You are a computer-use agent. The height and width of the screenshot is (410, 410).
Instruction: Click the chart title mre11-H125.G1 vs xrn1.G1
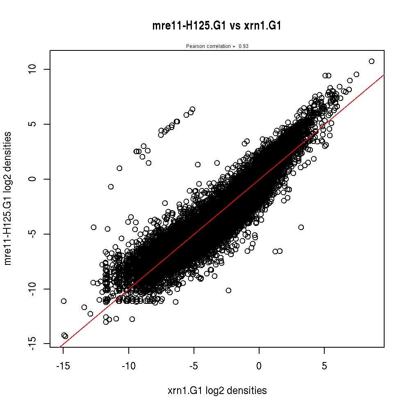[x=216, y=26]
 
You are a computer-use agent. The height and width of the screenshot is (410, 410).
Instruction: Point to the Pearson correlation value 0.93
[x=244, y=46]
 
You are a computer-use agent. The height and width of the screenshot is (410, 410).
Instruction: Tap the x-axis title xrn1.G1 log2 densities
[x=217, y=391]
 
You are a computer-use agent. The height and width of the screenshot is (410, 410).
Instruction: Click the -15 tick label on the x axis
[x=63, y=366]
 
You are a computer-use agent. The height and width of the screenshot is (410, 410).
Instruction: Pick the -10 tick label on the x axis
[x=128, y=366]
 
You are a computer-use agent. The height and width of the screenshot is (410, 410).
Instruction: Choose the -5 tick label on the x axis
[x=194, y=366]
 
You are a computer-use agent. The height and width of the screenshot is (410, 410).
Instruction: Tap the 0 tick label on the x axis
[x=259, y=366]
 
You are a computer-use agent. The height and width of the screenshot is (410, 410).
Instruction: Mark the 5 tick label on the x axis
[x=324, y=366]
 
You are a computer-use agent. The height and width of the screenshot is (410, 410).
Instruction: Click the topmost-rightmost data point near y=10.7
[x=371, y=61]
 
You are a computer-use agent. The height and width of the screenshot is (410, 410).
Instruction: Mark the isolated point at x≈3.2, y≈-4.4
[x=301, y=227]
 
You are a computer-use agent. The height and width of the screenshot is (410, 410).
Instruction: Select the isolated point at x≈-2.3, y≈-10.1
[x=228, y=290]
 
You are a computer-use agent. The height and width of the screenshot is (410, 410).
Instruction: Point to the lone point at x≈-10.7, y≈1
[x=119, y=168]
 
